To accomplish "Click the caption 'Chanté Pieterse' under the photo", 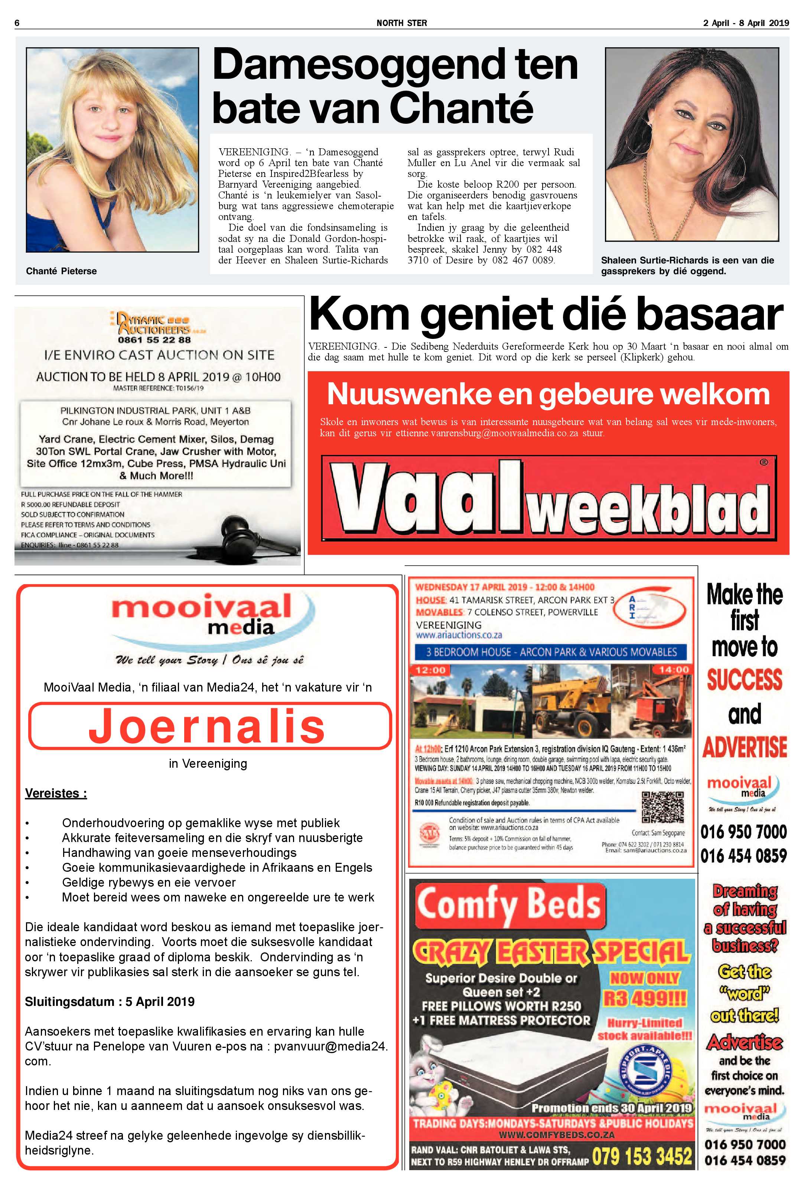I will (61, 271).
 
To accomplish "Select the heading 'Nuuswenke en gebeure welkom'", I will (548, 394).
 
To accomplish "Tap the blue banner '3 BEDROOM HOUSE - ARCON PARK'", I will (551, 652).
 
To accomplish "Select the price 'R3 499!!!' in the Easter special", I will (645, 999).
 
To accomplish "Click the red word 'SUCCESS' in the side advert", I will (744, 680).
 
